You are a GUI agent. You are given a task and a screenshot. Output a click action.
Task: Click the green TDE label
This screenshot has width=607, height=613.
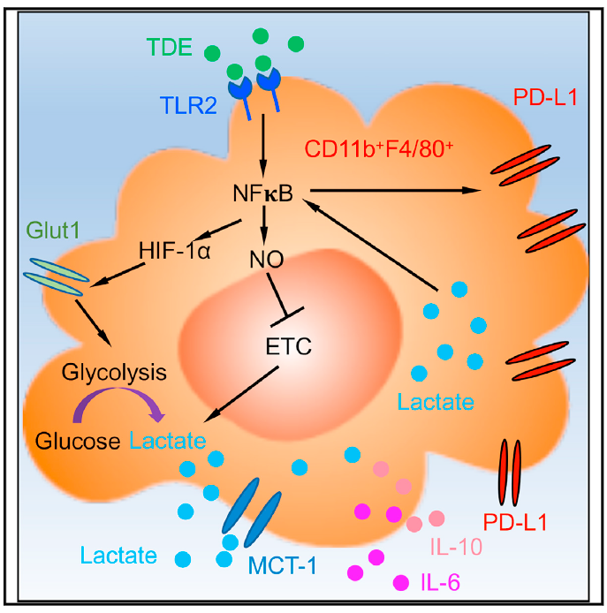[170, 47]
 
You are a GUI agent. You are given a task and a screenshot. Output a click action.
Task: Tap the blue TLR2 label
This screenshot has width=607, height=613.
[188, 105]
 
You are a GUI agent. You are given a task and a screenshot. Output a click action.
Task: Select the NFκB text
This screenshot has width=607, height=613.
[262, 193]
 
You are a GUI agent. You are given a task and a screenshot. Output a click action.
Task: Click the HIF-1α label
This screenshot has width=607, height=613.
[175, 251]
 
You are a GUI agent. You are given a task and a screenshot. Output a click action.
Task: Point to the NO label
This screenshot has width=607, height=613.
[267, 259]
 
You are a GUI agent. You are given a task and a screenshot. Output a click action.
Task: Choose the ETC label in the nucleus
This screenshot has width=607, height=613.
[289, 346]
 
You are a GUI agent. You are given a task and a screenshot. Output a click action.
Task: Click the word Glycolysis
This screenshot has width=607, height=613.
[114, 373]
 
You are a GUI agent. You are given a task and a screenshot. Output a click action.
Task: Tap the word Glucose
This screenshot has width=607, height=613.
[78, 442]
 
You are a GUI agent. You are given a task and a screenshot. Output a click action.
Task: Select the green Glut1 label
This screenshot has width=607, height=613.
[53, 230]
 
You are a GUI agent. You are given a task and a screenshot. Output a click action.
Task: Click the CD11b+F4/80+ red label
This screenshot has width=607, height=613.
[378, 149]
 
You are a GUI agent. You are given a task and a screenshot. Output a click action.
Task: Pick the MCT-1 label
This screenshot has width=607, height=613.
[283, 565]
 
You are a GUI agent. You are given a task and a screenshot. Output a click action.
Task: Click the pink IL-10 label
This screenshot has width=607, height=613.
[456, 547]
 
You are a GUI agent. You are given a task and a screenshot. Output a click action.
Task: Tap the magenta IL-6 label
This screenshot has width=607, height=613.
[440, 582]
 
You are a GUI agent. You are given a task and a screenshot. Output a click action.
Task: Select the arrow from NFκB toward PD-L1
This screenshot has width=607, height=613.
[395, 191]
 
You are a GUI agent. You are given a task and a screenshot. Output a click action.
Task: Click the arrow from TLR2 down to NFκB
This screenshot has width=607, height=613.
[263, 146]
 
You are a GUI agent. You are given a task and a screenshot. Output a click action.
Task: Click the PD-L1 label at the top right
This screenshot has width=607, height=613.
[545, 97]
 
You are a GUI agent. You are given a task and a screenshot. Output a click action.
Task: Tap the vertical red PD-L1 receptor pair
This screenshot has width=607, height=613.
[511, 473]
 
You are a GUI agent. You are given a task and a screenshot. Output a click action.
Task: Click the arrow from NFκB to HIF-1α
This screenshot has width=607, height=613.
[218, 230]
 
